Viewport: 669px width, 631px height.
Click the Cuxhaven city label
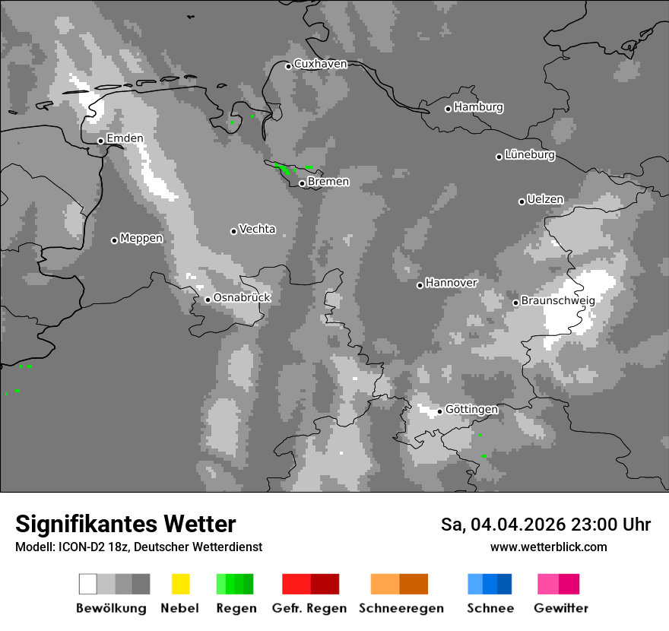tap(320, 65)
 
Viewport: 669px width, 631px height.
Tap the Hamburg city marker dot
tap(449, 109)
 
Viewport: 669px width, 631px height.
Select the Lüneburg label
tap(530, 155)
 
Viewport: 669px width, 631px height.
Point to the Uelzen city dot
tap(522, 201)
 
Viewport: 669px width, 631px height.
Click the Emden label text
tap(125, 139)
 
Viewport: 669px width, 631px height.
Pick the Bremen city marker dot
tap(302, 183)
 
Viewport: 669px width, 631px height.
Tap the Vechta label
tap(257, 230)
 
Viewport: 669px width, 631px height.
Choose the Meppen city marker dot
tap(115, 240)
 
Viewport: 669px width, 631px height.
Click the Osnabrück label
tap(242, 298)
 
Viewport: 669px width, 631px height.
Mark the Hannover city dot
tap(420, 285)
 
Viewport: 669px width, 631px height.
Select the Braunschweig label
tap(558, 300)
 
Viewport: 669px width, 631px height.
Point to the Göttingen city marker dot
tap(439, 411)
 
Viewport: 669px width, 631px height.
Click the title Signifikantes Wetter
tap(125, 525)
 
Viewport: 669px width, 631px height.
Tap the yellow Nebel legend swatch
tap(180, 584)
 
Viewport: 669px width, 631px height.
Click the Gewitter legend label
tap(561, 608)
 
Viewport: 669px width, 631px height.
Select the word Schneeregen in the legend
tap(401, 608)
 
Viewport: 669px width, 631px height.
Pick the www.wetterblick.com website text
tap(548, 547)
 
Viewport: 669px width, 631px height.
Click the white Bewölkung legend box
tap(88, 584)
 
